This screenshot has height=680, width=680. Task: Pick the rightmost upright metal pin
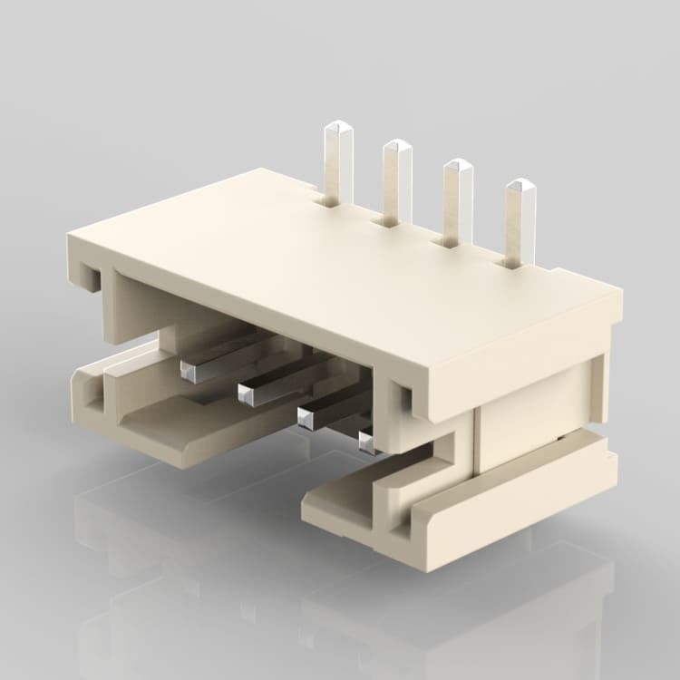[x=520, y=222]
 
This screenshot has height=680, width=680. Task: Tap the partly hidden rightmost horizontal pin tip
[x=365, y=442]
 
